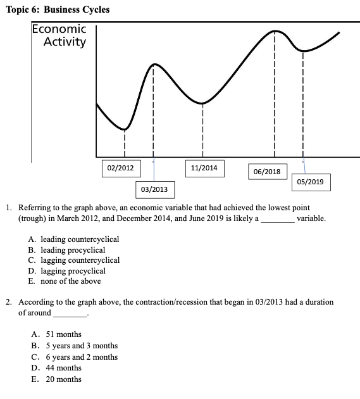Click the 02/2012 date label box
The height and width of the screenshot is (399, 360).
(x=120, y=168)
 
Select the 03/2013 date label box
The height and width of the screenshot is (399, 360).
(x=154, y=189)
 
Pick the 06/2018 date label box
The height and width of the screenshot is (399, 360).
(x=266, y=172)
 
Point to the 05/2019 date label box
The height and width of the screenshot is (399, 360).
(x=310, y=182)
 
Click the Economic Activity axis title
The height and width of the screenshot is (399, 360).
(x=59, y=35)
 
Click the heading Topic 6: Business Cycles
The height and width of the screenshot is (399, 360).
(x=57, y=9)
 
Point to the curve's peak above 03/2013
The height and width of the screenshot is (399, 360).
(x=154, y=65)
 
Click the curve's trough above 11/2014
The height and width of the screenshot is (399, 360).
(x=202, y=103)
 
